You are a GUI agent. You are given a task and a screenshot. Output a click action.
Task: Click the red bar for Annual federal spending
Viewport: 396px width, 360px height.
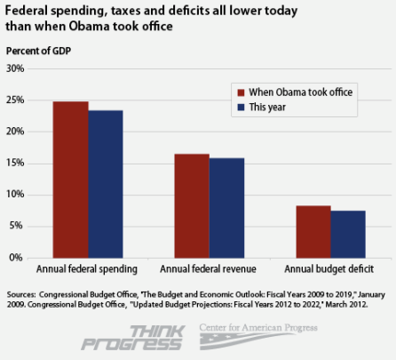[70, 180]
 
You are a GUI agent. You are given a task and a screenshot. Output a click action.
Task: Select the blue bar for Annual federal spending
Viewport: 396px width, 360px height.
[105, 184]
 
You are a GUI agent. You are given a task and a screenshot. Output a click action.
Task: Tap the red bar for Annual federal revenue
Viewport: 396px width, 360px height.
[191, 205]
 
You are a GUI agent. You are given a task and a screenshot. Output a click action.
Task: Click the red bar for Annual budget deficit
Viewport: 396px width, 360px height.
[313, 231]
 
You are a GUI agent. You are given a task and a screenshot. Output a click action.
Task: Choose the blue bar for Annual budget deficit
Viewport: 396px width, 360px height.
[347, 234]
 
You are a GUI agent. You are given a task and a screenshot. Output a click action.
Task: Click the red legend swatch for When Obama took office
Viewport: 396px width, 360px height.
[240, 92]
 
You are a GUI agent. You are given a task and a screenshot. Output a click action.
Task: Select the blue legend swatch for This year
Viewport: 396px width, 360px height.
[240, 108]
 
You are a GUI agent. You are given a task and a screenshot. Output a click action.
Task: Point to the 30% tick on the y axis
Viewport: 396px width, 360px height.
[17, 68]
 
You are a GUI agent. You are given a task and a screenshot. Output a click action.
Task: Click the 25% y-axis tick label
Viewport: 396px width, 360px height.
[17, 100]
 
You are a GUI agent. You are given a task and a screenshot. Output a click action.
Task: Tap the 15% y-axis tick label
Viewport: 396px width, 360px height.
[17, 164]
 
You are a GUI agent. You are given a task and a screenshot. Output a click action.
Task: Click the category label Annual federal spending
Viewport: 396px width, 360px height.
[87, 268]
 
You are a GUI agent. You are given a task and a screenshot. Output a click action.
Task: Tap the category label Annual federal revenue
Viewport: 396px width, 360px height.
[209, 268]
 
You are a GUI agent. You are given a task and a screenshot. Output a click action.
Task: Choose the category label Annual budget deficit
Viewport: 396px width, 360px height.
[329, 268]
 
